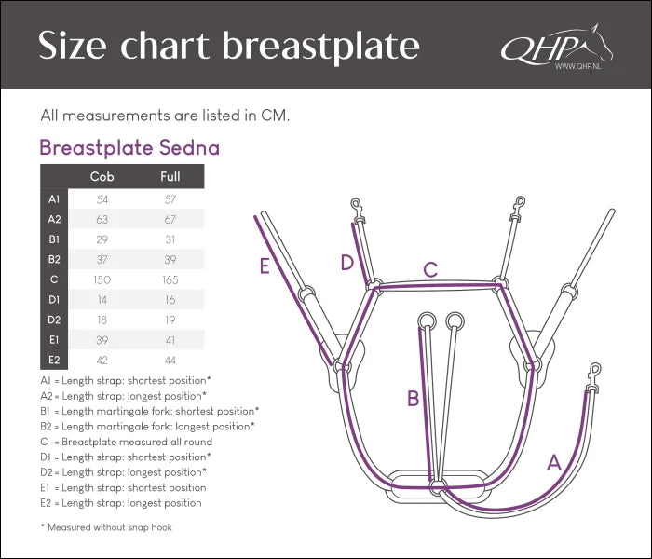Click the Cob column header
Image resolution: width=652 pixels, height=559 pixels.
click(x=102, y=176)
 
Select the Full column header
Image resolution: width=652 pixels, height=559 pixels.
click(x=170, y=176)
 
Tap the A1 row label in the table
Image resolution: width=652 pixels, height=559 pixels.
click(x=54, y=199)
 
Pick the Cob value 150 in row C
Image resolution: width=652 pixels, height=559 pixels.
click(x=102, y=279)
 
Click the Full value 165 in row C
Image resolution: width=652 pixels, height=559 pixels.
click(x=170, y=279)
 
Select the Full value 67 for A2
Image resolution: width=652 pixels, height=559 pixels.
click(x=170, y=219)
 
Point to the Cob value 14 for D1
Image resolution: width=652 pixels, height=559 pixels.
click(x=102, y=299)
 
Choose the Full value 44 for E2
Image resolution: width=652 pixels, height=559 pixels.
click(x=170, y=360)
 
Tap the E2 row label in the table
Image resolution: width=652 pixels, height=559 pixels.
click(x=54, y=360)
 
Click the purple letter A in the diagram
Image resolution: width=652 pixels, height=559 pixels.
click(x=553, y=461)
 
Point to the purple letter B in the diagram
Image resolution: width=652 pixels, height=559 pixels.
click(x=413, y=399)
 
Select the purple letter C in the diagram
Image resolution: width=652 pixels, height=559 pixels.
click(x=430, y=270)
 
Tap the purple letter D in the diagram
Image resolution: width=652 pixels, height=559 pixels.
click(x=346, y=263)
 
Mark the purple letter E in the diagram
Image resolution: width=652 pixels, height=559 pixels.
click(x=265, y=266)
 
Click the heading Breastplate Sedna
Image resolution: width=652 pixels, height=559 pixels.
click(x=129, y=147)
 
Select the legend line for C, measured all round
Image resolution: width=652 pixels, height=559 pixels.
click(x=127, y=442)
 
